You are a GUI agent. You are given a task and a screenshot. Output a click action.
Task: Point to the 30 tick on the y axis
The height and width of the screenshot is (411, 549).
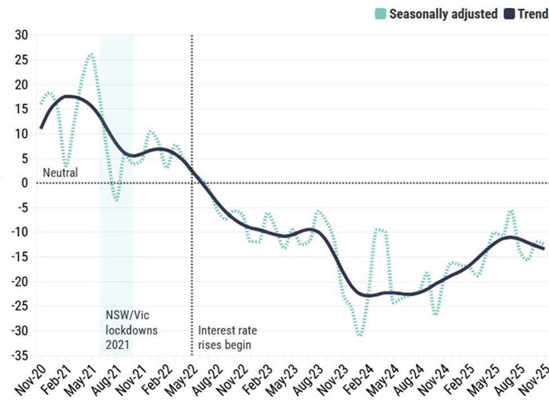(21, 35)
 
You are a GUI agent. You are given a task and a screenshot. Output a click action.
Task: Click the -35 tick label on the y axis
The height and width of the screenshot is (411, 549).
(19, 356)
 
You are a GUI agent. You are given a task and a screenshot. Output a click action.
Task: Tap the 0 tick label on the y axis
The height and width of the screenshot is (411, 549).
(25, 183)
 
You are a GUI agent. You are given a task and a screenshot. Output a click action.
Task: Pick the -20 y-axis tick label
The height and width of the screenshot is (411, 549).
(19, 282)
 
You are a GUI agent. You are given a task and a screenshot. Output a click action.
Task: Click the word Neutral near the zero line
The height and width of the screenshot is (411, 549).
(60, 173)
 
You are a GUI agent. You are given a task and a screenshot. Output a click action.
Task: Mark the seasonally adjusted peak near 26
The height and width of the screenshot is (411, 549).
(91, 54)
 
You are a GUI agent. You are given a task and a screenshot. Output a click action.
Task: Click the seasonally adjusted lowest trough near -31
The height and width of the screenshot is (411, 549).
(359, 335)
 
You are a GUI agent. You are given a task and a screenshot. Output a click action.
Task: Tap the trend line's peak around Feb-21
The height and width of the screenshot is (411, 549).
(68, 96)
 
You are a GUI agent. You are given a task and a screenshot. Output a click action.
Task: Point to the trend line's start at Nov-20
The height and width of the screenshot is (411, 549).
(41, 128)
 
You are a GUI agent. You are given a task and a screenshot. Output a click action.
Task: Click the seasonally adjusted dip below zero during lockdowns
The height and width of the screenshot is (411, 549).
(116, 199)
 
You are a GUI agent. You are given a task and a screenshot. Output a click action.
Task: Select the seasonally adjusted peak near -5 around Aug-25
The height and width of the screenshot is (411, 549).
(511, 211)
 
